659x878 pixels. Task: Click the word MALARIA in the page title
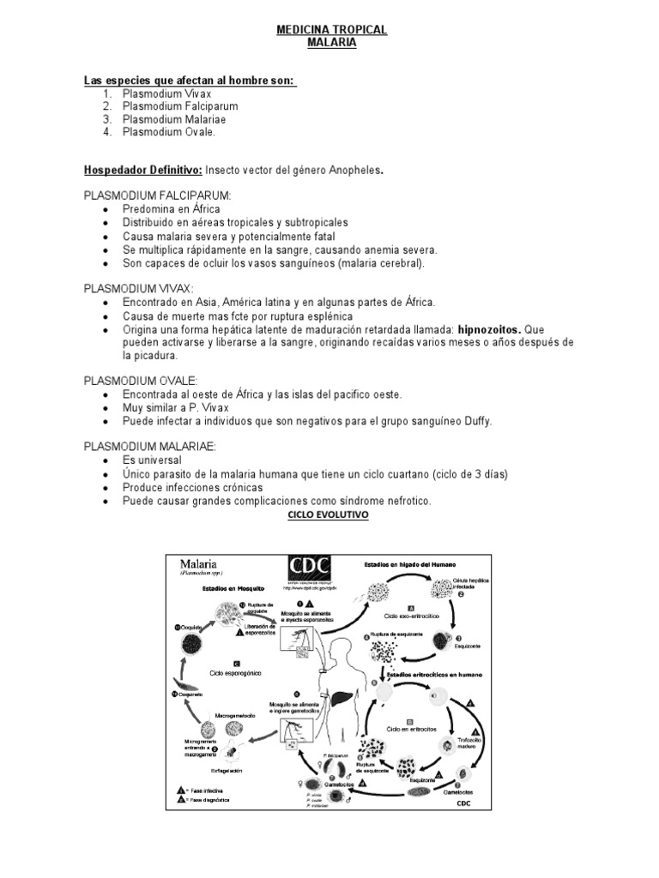point(331,43)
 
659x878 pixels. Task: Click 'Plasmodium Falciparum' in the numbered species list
point(179,106)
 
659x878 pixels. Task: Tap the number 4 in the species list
point(106,132)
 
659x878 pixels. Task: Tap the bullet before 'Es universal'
point(105,460)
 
